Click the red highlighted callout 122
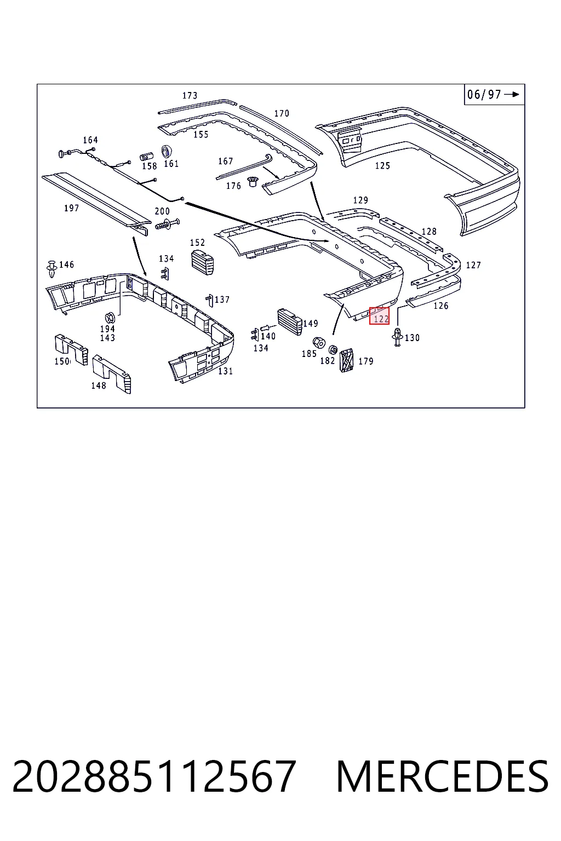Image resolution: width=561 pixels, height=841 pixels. click(379, 315)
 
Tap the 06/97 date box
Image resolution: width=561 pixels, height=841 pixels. click(494, 94)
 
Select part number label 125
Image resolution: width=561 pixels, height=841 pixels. click(382, 165)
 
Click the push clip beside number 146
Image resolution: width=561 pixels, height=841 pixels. click(51, 268)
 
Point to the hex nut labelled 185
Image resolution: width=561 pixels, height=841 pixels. click(319, 342)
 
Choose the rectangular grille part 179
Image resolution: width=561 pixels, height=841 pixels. click(346, 360)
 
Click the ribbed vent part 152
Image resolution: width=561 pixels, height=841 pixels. click(203, 261)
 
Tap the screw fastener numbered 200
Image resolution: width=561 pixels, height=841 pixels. click(167, 225)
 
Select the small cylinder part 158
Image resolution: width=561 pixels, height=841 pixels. click(146, 156)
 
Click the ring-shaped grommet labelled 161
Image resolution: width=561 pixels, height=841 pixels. click(167, 151)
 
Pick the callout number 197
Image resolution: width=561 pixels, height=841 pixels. click(71, 208)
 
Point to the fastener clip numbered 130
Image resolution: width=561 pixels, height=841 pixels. click(398, 337)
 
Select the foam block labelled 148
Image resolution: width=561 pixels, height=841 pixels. click(112, 374)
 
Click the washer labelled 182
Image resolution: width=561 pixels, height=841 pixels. click(333, 350)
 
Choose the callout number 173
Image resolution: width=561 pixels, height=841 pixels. click(190, 96)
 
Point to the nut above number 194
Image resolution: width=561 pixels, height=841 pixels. click(110, 318)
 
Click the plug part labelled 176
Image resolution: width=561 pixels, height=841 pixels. click(252, 182)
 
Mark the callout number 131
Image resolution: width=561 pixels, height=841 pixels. click(226, 371)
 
